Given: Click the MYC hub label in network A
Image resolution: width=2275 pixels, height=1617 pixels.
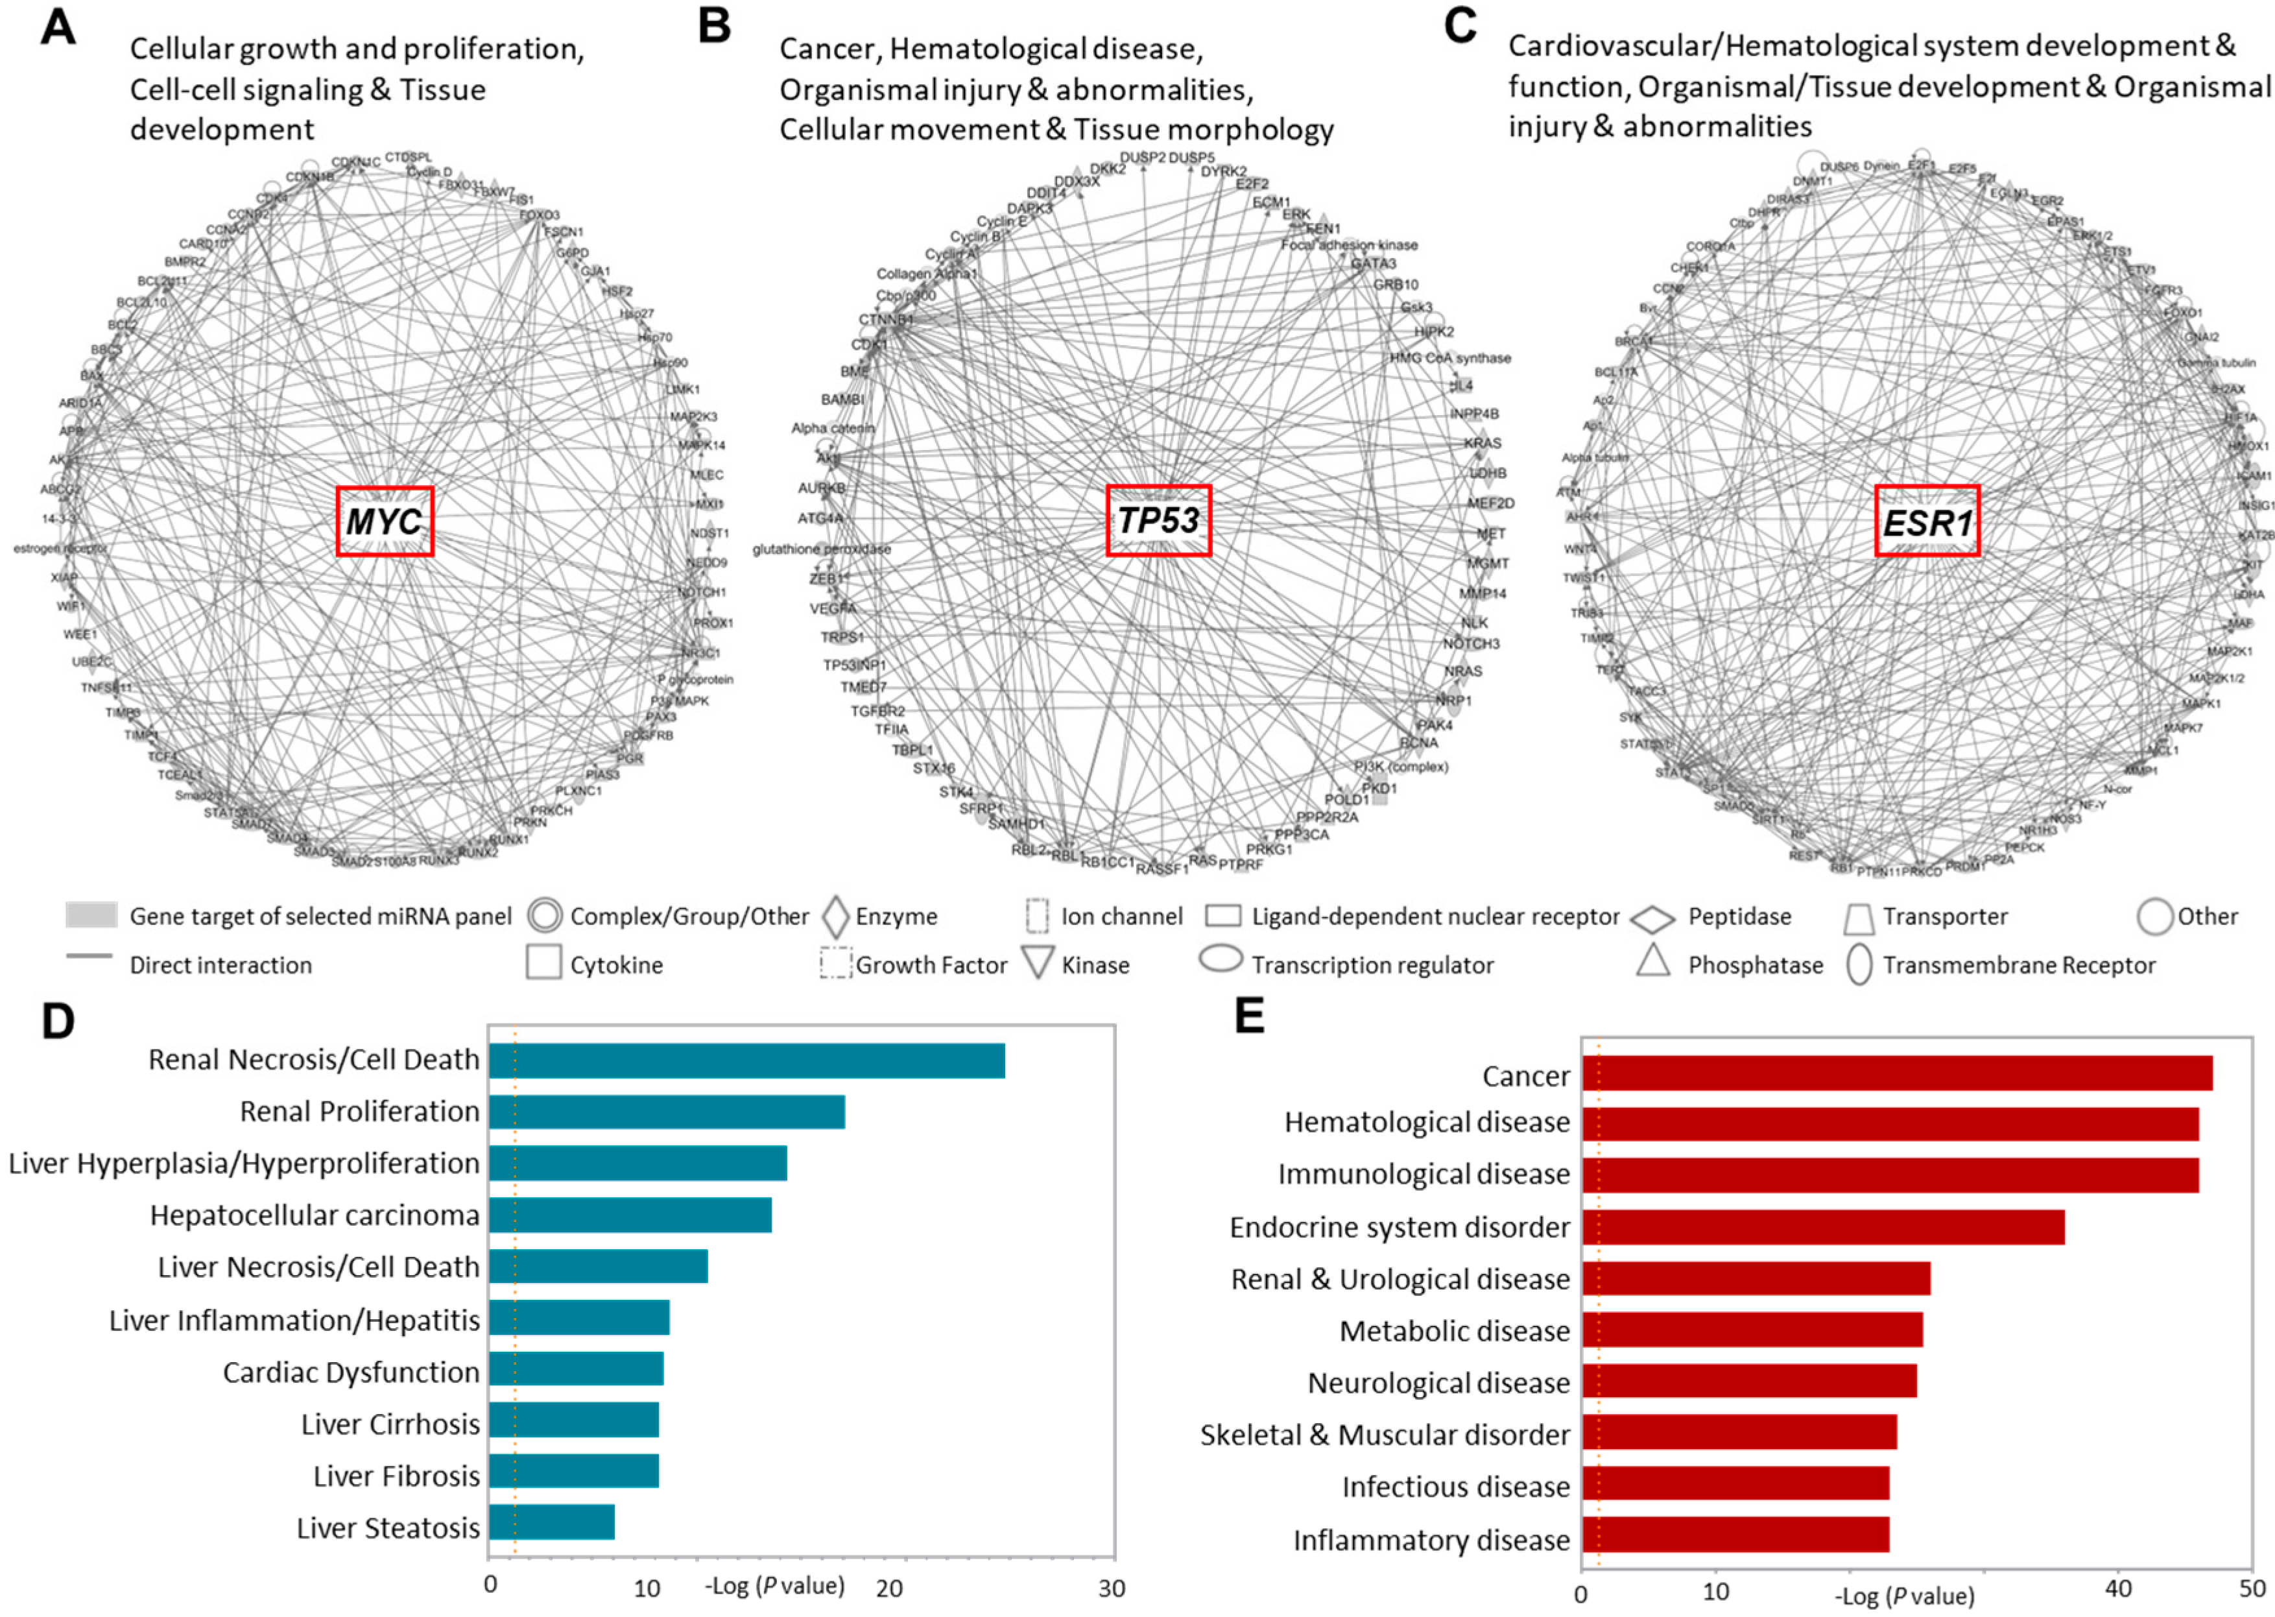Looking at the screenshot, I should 385,521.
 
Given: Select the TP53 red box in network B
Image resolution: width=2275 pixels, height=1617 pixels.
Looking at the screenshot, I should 1158,520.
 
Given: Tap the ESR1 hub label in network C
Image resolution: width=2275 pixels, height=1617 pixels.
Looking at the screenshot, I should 1927,521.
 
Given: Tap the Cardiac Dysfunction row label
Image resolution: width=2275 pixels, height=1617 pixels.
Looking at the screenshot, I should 350,1372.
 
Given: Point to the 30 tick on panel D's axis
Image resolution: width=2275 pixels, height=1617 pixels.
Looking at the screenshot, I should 1111,1587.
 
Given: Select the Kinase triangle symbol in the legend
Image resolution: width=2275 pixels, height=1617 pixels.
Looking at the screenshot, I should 1038,963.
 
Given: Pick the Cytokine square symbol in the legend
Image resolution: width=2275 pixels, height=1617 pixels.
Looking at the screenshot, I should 543,963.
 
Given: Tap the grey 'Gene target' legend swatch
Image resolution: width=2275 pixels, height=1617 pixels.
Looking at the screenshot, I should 91,915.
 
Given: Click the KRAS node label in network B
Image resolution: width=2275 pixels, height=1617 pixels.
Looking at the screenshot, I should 1483,443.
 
